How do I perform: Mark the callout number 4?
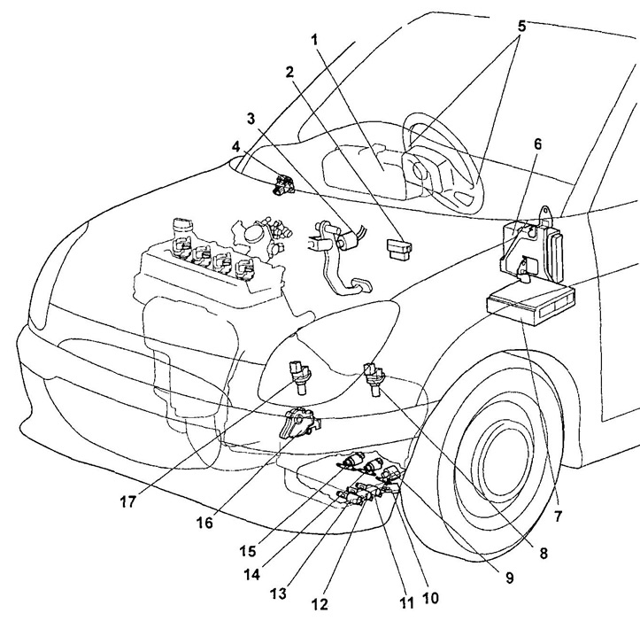click(235, 145)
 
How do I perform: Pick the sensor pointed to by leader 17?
click(298, 376)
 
